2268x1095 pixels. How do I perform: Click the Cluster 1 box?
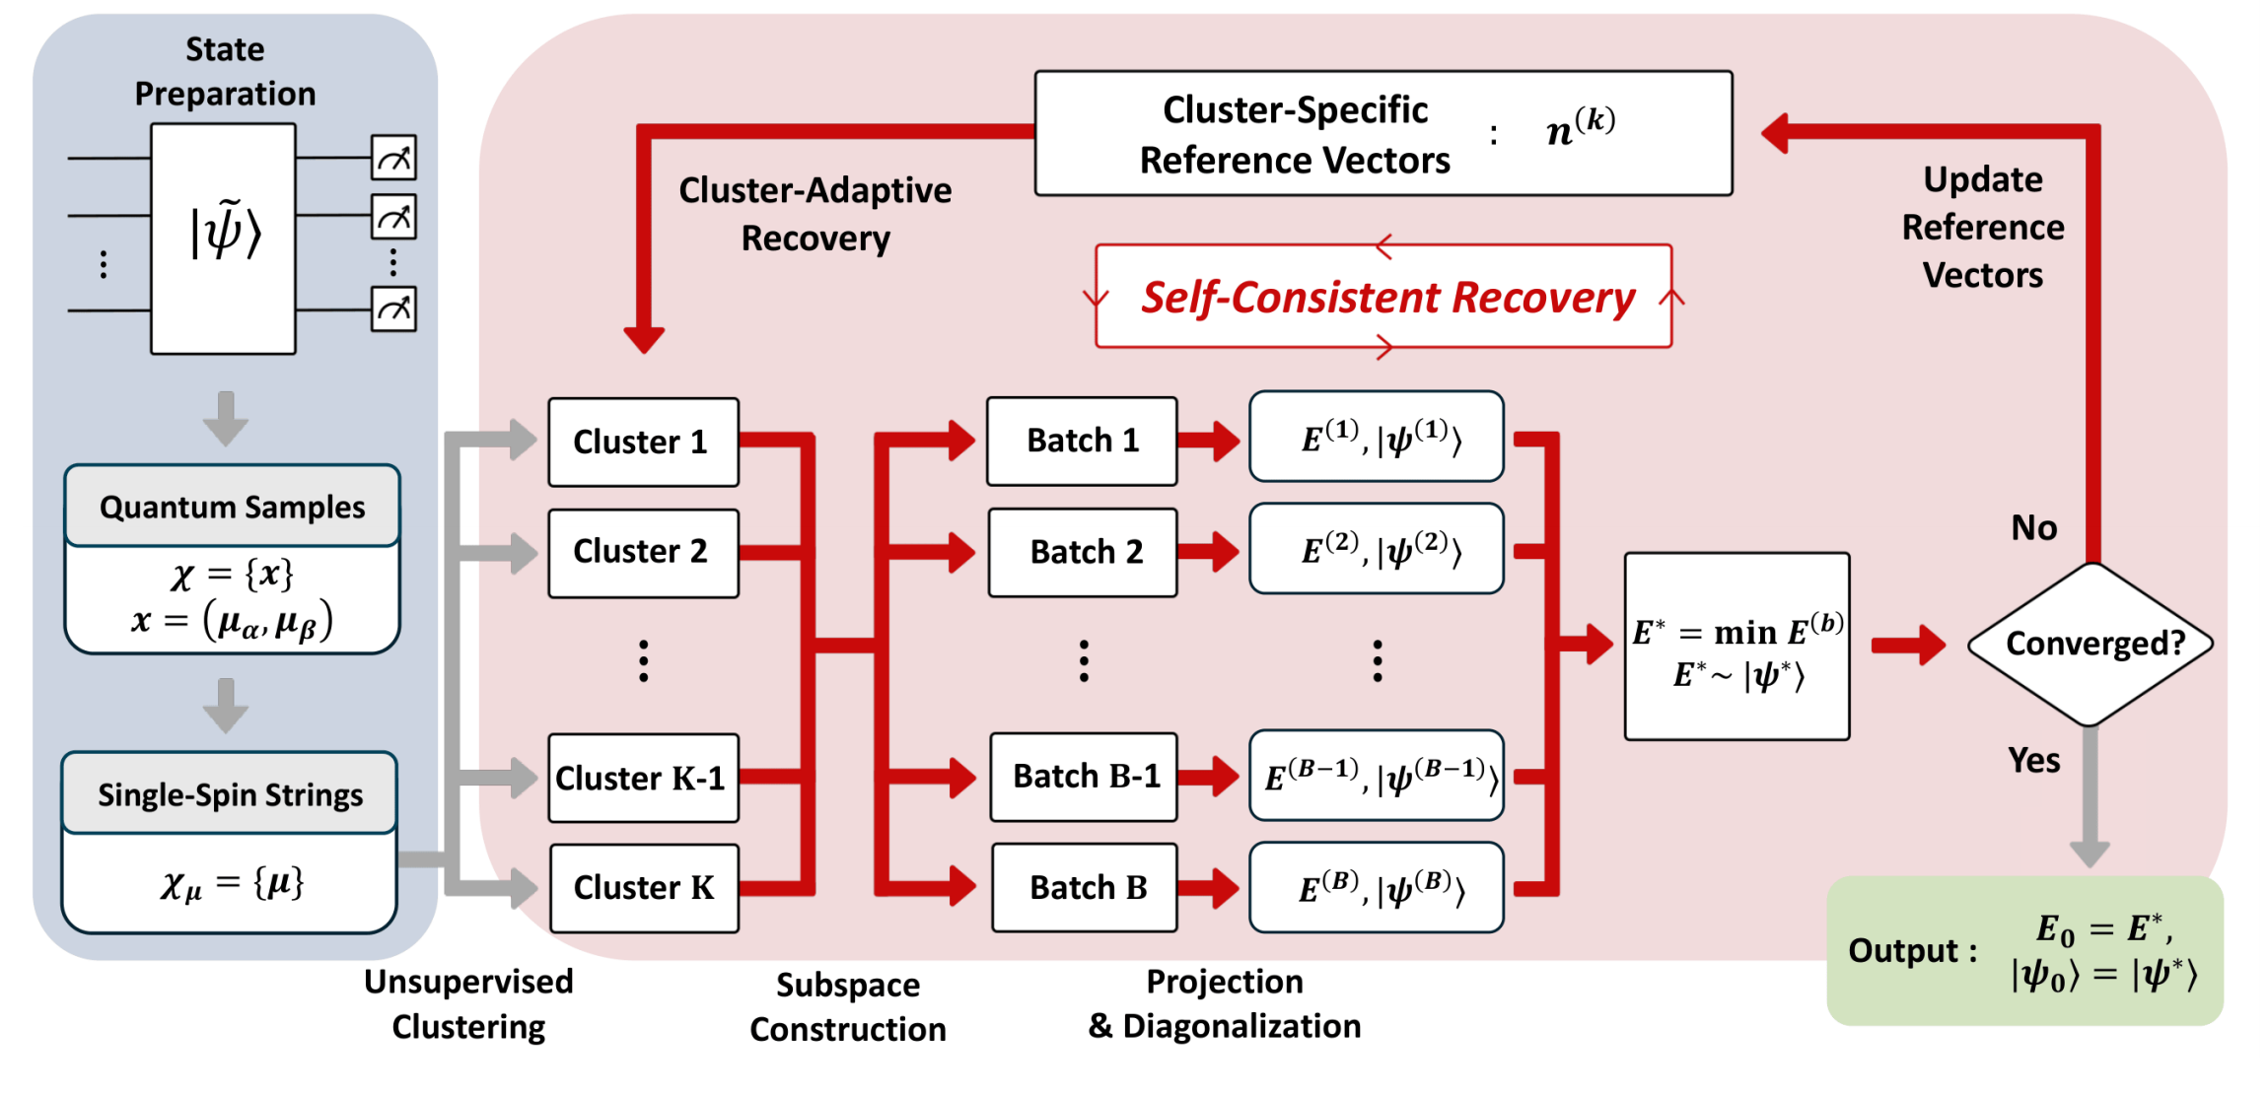(x=643, y=442)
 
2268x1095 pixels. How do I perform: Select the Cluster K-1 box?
(x=643, y=778)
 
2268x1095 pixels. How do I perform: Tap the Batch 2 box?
(x=1083, y=552)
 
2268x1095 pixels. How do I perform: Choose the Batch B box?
(x=1085, y=887)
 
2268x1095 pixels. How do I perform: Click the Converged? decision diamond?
(x=2091, y=644)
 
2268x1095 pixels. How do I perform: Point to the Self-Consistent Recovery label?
(x=1385, y=297)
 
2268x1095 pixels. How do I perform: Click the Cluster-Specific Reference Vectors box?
(x=1382, y=134)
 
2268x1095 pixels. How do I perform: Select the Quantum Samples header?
(x=232, y=507)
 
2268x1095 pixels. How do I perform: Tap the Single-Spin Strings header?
(x=230, y=794)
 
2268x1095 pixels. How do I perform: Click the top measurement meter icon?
(x=393, y=158)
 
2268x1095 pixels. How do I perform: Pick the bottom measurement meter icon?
(x=393, y=309)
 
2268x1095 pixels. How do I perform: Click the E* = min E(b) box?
(x=1736, y=646)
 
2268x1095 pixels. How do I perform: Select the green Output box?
(x=2023, y=950)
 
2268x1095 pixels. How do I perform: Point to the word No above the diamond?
(x=2033, y=528)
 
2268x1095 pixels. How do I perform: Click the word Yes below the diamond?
(x=2033, y=760)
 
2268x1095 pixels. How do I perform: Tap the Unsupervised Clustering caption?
(x=468, y=1003)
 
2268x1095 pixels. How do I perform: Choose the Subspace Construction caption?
(x=847, y=1006)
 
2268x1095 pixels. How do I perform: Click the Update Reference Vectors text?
(x=1982, y=227)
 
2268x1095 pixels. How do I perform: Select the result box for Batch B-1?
(x=1376, y=776)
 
